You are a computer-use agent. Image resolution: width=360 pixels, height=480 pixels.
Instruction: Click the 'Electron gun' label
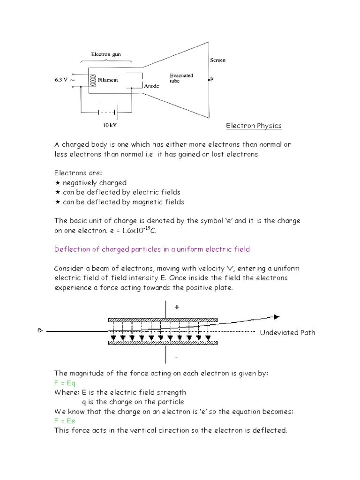pos(105,54)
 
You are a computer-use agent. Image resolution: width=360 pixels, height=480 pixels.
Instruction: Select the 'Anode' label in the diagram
pos(151,86)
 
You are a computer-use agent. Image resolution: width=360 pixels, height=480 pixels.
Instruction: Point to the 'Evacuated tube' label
pos(181,78)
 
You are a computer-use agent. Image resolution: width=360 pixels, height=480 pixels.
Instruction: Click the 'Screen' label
pos(217,60)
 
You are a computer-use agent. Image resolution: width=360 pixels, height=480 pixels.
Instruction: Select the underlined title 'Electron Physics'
pos(254,126)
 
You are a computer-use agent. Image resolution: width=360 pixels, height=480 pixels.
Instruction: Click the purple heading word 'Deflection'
pos(71,249)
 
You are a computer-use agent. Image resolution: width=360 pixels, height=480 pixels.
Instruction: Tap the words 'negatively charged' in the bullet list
pos(94,183)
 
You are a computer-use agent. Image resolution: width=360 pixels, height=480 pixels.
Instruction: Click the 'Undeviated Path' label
pos(287,333)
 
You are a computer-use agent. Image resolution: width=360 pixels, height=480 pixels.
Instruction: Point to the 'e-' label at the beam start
pos(40,331)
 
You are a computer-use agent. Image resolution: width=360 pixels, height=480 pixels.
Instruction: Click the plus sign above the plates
pos(177,307)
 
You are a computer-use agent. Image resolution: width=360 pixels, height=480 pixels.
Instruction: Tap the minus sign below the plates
pos(177,357)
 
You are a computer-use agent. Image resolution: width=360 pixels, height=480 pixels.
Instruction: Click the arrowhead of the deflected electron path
pos(277,317)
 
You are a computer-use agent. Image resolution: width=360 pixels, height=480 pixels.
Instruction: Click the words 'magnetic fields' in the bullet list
pos(159,202)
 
